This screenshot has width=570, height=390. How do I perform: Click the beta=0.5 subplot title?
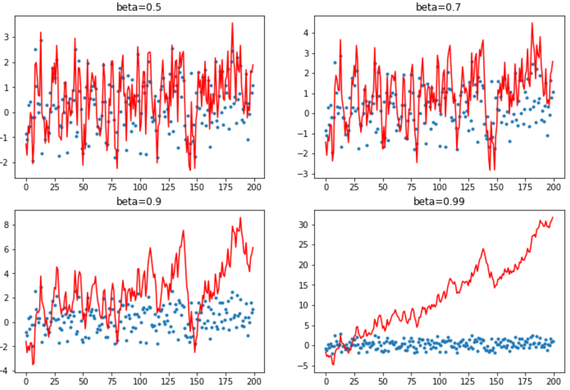[x=139, y=7]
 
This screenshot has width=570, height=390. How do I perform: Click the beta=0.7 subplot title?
[x=438, y=7]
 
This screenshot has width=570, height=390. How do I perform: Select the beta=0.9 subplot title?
[x=139, y=201]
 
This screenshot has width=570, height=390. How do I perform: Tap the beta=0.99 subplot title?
[x=439, y=201]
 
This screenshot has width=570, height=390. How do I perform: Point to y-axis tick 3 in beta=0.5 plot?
[x=7, y=37]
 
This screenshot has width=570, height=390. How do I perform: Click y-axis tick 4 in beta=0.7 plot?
[x=306, y=33]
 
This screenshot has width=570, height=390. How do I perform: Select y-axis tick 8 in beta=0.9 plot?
[x=7, y=225]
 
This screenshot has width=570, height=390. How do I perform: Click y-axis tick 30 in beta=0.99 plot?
[x=304, y=225]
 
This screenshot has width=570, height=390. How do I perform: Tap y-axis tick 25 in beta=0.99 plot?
[x=304, y=245]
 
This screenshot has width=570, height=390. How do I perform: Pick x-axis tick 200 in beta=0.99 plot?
[x=554, y=381]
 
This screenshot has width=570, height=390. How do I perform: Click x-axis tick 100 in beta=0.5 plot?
[x=140, y=187]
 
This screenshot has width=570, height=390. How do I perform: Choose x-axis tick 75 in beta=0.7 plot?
[x=411, y=187]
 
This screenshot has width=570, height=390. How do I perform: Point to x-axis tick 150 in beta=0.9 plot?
[x=197, y=381]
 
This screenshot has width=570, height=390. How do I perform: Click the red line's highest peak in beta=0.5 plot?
[x=232, y=23]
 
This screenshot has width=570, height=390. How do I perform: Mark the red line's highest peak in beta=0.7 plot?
[x=532, y=23]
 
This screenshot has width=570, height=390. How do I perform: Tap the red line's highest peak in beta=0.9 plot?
[x=240, y=217]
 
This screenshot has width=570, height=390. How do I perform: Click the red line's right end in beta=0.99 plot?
[x=553, y=217]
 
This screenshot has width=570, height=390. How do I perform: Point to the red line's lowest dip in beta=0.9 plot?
[x=33, y=364]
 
